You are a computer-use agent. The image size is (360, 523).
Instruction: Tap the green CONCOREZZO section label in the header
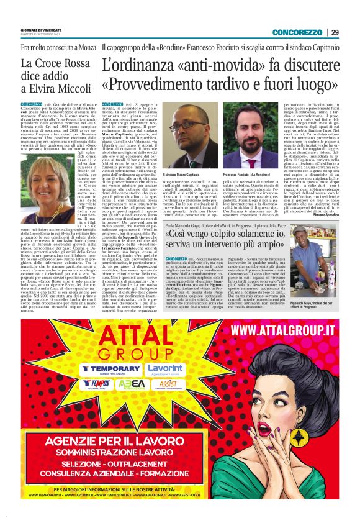[x=297, y=32]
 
